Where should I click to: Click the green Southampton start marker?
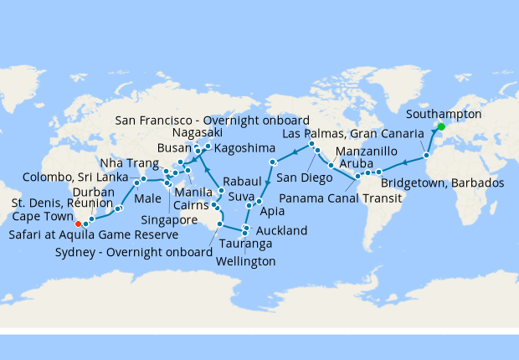(441, 126)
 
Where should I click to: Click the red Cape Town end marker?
(77, 224)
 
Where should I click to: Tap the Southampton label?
(443, 114)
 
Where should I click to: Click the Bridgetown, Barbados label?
(442, 183)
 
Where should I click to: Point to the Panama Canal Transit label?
(337, 199)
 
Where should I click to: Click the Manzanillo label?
(371, 151)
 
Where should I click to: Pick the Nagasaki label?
(198, 133)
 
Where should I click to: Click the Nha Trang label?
(125, 162)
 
